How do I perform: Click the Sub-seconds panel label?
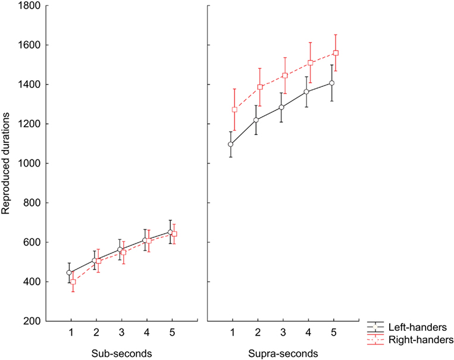click(122, 353)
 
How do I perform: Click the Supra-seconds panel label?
click(283, 353)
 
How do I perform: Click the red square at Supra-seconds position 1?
click(234, 109)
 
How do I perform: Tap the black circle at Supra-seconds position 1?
click(230, 144)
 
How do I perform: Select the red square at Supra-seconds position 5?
click(336, 53)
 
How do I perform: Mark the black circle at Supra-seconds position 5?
click(332, 83)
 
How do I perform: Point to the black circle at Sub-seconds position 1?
click(69, 273)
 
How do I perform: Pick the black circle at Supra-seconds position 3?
click(281, 107)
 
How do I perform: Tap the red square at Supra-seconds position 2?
click(260, 87)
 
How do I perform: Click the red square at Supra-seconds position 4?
click(311, 62)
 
